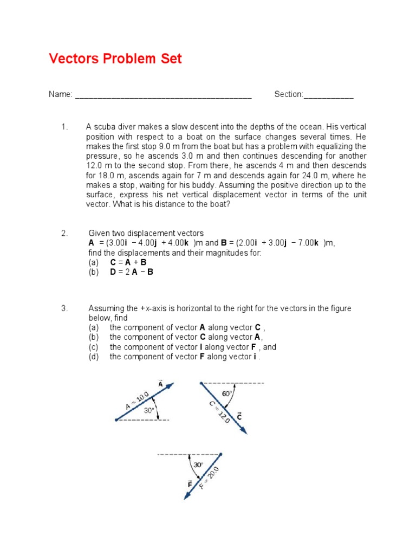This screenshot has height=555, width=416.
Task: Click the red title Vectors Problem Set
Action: pos(115,59)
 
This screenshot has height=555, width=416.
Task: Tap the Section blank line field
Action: pos(328,95)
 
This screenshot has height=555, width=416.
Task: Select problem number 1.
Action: pos(64,127)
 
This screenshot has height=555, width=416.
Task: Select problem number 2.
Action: pos(64,233)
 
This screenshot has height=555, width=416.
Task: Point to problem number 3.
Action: pos(64,308)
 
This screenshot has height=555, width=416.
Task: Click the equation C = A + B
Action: pos(128,262)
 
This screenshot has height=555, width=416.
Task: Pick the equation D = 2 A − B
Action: pos(132,272)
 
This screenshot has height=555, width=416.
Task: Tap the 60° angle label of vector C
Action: pos(227,394)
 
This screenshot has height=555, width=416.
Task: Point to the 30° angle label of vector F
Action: pos(198,464)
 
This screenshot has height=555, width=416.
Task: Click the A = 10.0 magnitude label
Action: pos(137,401)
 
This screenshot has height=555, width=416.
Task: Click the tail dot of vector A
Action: pos(116,420)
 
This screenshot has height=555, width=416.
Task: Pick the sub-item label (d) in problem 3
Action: pos(94,357)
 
